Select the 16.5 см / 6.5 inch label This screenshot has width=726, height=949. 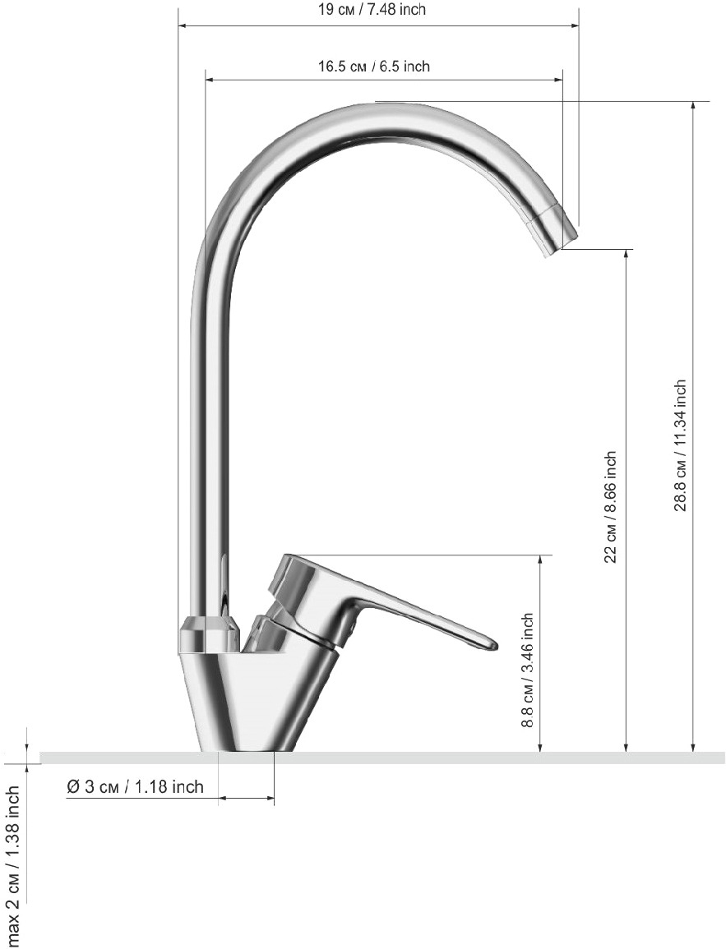[x=374, y=66]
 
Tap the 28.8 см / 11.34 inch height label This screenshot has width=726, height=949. [x=681, y=445]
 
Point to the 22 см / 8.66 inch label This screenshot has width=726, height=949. [x=610, y=507]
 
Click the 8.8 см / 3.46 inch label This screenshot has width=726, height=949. [x=527, y=670]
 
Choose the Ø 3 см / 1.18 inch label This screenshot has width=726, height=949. [x=135, y=787]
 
